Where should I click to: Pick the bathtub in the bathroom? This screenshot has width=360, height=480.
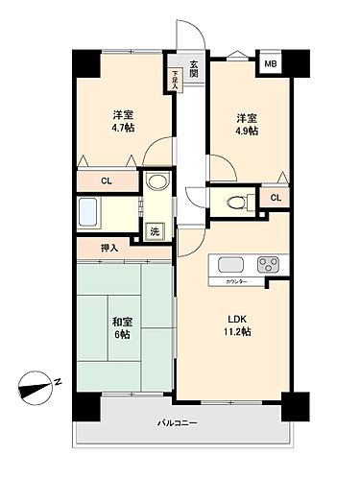(x=95, y=211)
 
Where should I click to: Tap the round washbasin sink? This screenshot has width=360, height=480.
(x=156, y=181)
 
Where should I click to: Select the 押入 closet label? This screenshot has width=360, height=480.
(x=108, y=249)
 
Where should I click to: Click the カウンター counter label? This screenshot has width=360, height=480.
(x=238, y=281)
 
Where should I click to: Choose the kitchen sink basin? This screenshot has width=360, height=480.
(x=233, y=264)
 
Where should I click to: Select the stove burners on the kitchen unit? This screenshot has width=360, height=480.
(x=268, y=265)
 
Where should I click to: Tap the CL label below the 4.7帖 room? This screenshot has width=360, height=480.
(x=108, y=180)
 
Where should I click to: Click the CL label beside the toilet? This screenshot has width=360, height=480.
(x=276, y=198)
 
